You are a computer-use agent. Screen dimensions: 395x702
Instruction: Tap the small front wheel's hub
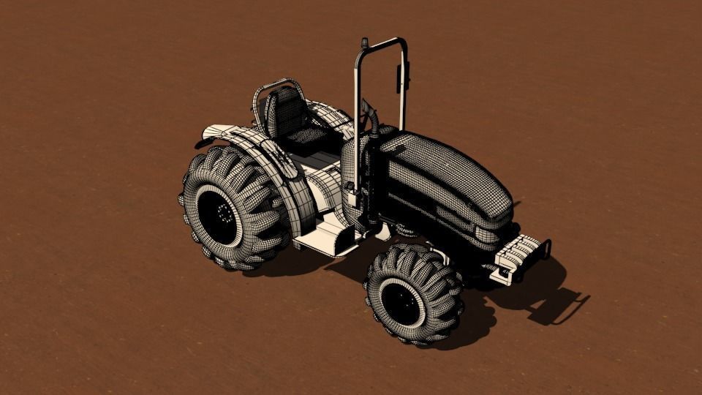click(401, 303)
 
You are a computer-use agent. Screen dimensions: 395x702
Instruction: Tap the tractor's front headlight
click(486, 235)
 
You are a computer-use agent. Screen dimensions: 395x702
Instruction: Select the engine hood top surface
click(446, 165)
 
